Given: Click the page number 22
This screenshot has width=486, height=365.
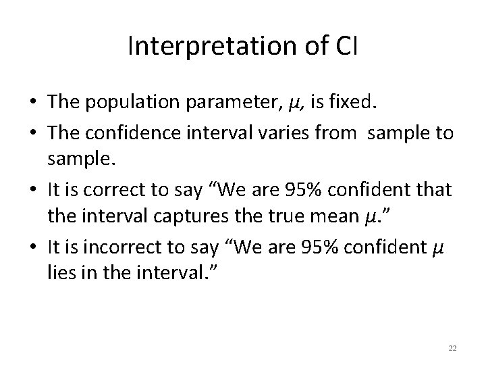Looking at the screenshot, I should tap(453, 347).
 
